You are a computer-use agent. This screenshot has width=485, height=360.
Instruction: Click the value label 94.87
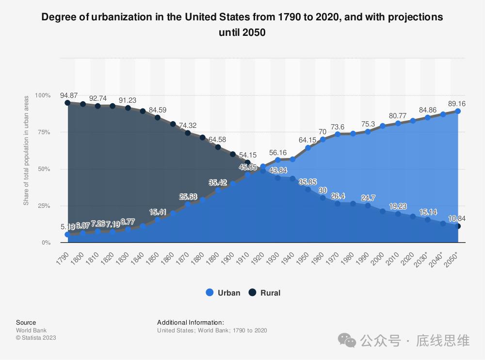point(69,95)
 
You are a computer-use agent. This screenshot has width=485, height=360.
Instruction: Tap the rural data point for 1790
point(67,103)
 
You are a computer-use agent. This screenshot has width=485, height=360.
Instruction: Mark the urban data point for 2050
point(458,111)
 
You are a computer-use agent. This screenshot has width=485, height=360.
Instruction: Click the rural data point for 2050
point(458,226)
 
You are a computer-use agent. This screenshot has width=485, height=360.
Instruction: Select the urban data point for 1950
point(308,148)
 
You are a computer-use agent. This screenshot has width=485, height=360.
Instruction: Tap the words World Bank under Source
point(31,330)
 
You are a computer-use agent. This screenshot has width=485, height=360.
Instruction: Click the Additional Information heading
point(191,322)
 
